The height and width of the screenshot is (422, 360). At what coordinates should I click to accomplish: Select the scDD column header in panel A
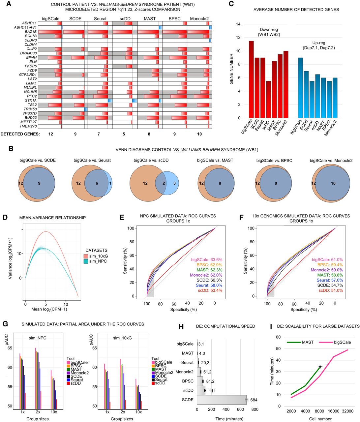pyautogui.click(x=125, y=19)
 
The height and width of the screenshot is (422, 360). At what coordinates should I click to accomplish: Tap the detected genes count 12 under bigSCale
pyautogui.click(x=51, y=134)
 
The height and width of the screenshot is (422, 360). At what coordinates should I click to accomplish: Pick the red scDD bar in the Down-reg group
pyautogui.click(x=268, y=99)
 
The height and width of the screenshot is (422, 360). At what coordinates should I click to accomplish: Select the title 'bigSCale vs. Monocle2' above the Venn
pyautogui.click(x=331, y=161)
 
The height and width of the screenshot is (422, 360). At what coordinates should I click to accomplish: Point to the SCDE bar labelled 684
pyautogui.click(x=222, y=400)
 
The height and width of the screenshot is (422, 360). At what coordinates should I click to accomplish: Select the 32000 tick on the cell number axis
pyautogui.click(x=347, y=411)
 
